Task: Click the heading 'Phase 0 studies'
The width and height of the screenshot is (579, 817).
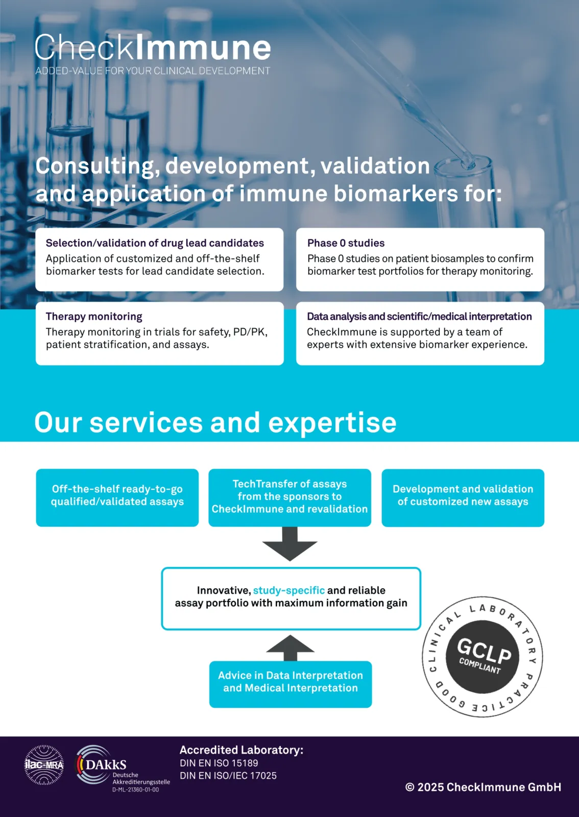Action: click(x=346, y=243)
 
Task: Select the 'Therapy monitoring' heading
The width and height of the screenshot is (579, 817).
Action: click(x=94, y=317)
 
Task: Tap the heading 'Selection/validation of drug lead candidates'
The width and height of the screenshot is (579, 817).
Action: click(x=155, y=243)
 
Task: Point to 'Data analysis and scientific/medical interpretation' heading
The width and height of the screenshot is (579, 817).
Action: click(x=419, y=317)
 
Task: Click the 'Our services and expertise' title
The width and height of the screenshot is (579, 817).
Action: click(x=215, y=422)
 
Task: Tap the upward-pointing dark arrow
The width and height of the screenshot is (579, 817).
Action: click(x=290, y=647)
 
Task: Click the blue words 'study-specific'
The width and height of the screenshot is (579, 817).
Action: click(x=288, y=590)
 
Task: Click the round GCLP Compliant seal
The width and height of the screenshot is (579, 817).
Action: click(x=482, y=657)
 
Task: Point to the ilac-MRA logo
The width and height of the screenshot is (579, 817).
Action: click(x=44, y=764)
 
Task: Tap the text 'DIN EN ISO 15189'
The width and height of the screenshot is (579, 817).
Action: click(x=219, y=763)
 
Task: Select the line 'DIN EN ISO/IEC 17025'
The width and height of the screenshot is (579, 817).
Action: click(x=228, y=776)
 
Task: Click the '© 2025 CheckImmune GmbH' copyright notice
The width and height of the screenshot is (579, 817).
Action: click(x=483, y=787)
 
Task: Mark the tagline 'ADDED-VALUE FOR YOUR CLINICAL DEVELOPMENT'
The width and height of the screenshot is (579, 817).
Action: click(x=152, y=71)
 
